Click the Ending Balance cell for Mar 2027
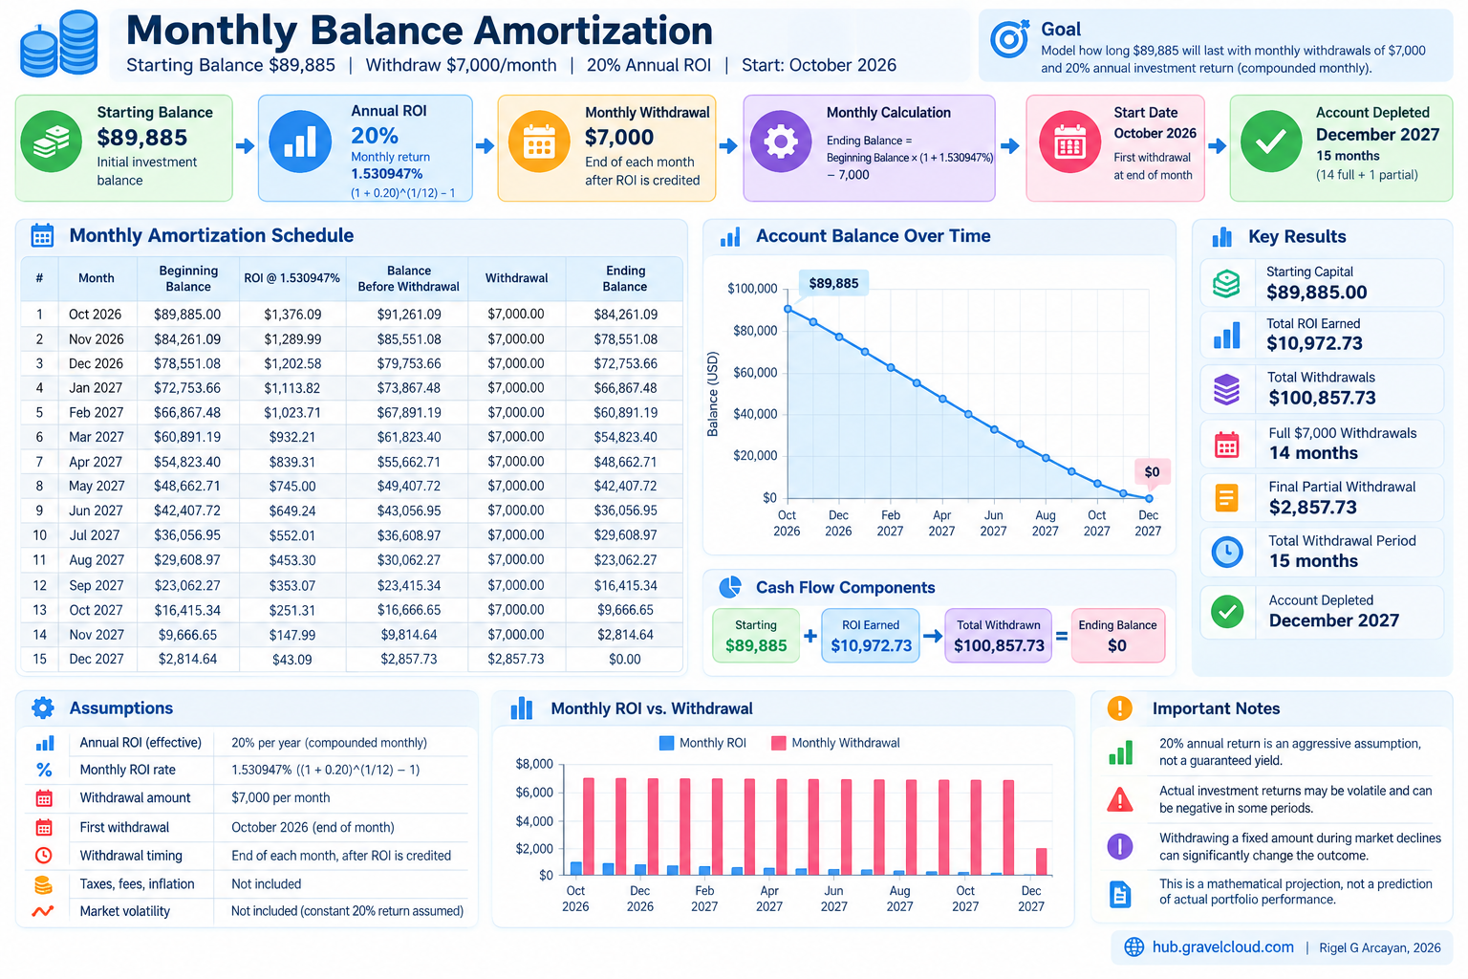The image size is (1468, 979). (625, 437)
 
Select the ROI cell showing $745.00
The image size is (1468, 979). (292, 486)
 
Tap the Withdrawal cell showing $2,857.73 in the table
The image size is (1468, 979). (516, 659)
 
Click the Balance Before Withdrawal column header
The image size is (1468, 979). (408, 278)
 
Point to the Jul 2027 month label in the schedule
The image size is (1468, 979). (95, 535)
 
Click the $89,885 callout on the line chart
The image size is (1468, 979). (833, 283)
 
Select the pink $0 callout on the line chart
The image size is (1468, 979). (1152, 471)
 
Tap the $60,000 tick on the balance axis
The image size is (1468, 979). (755, 373)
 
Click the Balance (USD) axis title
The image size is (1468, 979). (712, 394)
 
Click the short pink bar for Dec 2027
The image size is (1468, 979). (1041, 861)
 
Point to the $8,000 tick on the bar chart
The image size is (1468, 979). (534, 764)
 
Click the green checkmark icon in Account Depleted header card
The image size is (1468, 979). (1271, 141)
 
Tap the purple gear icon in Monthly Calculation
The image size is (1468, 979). (781, 141)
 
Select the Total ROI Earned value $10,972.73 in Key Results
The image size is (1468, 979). (1314, 343)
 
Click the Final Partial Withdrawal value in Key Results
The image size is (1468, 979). (1312, 507)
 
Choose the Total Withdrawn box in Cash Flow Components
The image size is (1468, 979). (998, 636)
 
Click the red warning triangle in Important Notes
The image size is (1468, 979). (1119, 800)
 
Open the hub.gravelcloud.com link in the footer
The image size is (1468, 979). (1223, 946)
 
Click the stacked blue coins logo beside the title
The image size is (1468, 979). (59, 44)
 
